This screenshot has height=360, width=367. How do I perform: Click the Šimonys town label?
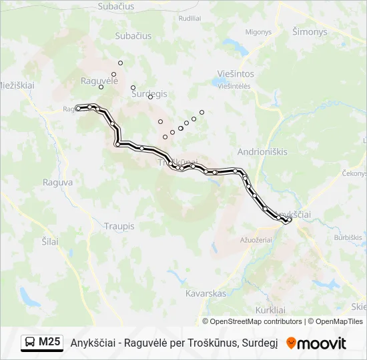310,31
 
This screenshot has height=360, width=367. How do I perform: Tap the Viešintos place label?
236,74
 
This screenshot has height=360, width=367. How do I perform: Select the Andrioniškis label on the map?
262,151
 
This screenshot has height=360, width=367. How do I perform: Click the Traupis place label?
119,227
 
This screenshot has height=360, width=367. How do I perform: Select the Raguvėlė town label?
99,80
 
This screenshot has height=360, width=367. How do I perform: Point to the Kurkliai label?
270,310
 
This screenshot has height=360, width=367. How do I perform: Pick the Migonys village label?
258,31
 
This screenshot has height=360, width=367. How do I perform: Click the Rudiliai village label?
190,19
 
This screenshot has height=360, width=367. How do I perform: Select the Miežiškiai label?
17,85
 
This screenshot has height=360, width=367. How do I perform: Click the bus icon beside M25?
30,343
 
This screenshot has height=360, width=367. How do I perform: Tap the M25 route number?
49,343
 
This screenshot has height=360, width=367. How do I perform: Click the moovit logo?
316,343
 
